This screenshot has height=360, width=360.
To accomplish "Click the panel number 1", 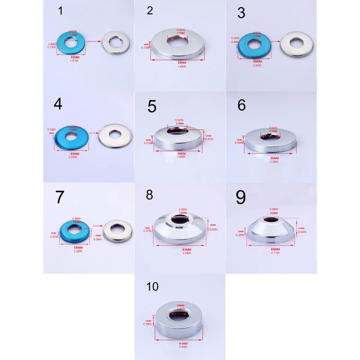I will click(61, 12).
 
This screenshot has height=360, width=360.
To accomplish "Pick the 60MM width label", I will click(274, 158).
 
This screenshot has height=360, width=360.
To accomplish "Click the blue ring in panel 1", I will click(74, 44).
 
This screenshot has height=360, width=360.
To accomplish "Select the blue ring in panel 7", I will click(74, 230).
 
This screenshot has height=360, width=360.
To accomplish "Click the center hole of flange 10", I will click(179, 314).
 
